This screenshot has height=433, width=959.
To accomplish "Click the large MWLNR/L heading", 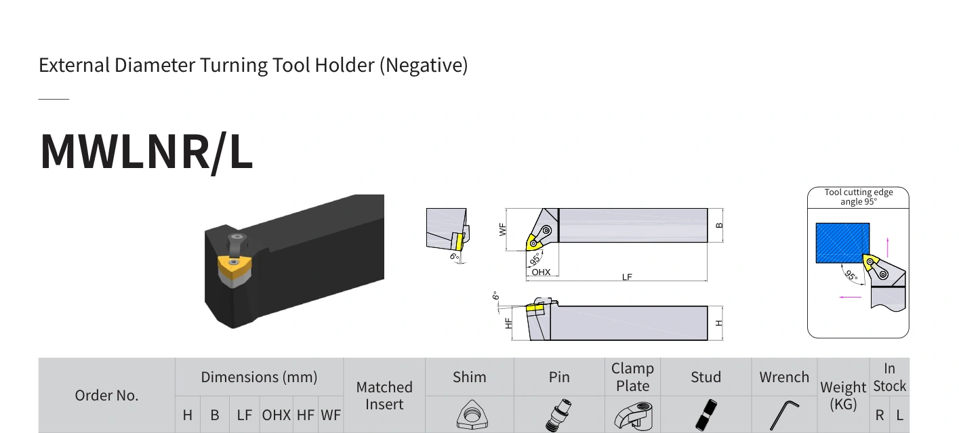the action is tap(146, 152).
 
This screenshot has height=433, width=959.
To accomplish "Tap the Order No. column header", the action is tap(106, 395).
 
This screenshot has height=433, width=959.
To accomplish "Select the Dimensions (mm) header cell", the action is tap(259, 377).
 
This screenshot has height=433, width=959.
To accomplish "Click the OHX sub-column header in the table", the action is tap(276, 415).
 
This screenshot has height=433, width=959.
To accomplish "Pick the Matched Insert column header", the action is tap(384, 396).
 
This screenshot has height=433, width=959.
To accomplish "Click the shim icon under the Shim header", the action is tap(472, 414).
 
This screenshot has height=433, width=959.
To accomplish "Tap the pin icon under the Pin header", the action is tap(558, 415).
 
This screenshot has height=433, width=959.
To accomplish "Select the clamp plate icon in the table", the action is tap(634, 415).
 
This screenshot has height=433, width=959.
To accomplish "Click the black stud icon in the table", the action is tap(706, 415).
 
